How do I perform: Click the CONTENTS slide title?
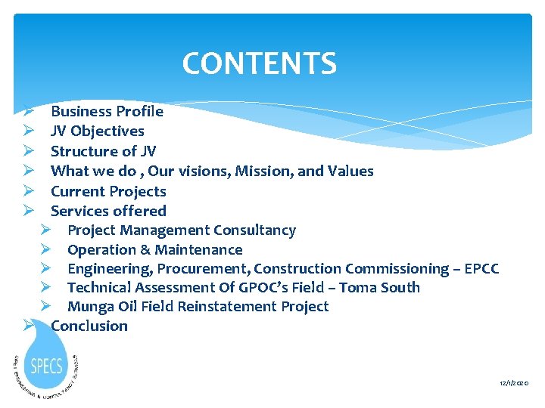point(259,63)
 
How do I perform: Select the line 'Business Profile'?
point(107,112)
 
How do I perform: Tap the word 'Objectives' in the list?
point(107,131)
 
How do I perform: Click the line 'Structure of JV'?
point(103,151)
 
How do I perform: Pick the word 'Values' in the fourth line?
point(350,171)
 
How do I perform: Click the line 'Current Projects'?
point(108,191)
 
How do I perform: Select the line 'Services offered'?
point(108,211)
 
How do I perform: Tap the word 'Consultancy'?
point(254,230)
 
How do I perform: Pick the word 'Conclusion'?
point(89,326)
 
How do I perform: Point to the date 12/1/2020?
point(514,384)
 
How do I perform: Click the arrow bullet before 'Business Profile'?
point(26,112)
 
